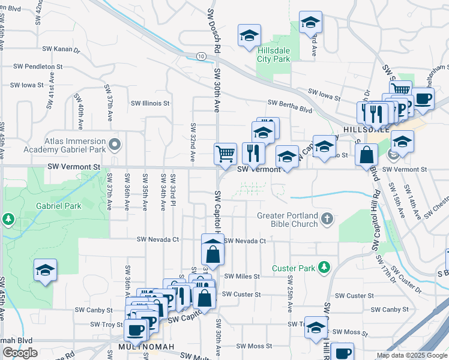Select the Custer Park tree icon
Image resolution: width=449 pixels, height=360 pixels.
(x=324, y=266)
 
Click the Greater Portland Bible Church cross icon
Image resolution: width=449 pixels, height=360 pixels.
(x=327, y=218)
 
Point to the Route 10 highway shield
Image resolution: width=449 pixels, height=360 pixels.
(x=200, y=56)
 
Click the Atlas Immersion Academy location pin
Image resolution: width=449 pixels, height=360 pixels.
(x=115, y=145)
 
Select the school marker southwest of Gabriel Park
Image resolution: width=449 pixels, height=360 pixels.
(x=45, y=271)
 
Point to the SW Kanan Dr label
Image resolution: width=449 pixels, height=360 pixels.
(x=61, y=50)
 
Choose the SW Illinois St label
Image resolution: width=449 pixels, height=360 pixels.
(x=150, y=103)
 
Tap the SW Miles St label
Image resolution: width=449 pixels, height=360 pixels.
(x=242, y=277)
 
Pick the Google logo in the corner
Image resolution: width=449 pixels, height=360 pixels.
(x=20, y=353)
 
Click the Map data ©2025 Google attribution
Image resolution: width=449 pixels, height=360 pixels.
(x=411, y=355)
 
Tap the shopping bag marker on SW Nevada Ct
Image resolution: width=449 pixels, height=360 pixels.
(x=212, y=253)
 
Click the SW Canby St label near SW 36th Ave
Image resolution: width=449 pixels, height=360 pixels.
(x=93, y=310)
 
